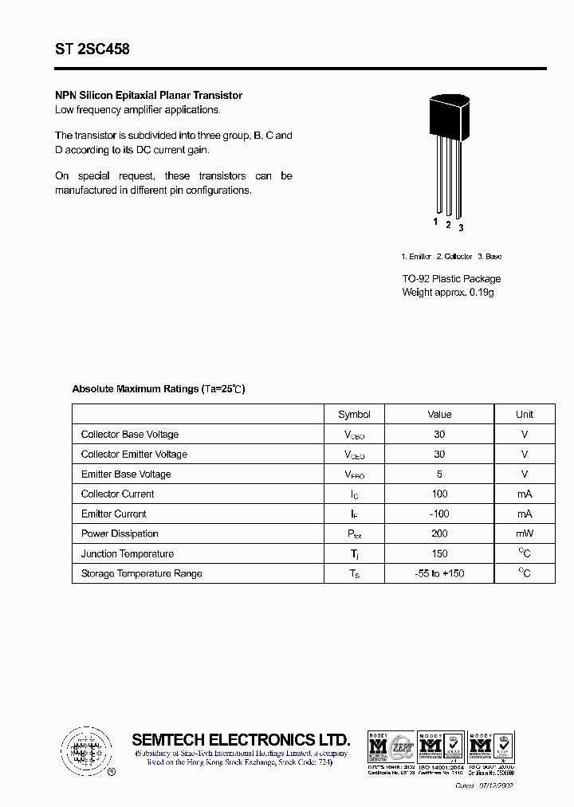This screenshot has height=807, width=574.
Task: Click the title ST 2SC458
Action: [92, 49]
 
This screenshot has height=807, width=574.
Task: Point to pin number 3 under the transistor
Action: [461, 228]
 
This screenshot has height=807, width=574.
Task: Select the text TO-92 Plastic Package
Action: [451, 279]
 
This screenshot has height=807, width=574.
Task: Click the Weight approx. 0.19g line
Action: [448, 293]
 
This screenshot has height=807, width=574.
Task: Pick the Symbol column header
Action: [354, 415]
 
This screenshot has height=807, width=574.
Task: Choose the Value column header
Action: [439, 415]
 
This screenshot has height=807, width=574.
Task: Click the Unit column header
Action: [525, 415]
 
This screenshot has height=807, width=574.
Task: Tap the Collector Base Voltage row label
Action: [130, 435]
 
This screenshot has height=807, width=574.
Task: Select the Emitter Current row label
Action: [114, 514]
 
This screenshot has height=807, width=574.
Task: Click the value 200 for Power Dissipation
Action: [439, 534]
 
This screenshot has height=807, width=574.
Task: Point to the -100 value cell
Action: [439, 514]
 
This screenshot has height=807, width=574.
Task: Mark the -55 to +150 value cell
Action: [439, 574]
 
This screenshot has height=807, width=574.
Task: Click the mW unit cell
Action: [525, 534]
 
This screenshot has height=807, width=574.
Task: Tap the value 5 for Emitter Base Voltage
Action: [439, 474]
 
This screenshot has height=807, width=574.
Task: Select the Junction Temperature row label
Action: [128, 554]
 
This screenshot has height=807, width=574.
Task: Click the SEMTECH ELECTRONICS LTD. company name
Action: [241, 739]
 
